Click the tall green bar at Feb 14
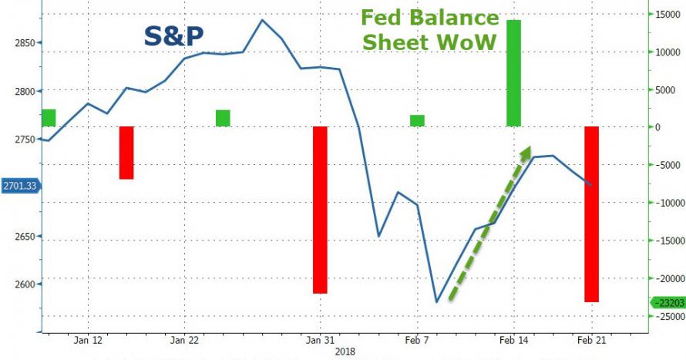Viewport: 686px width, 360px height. pyautogui.click(x=513, y=73)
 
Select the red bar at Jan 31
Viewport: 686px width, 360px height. pyautogui.click(x=320, y=210)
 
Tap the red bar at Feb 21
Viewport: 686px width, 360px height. pyautogui.click(x=591, y=214)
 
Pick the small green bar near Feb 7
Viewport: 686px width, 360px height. pyautogui.click(x=417, y=120)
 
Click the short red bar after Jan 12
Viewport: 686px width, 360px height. pyautogui.click(x=126, y=153)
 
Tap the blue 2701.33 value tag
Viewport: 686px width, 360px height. pyautogui.click(x=21, y=186)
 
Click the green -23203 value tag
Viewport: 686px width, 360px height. pyautogui.click(x=668, y=303)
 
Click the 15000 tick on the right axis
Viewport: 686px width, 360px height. pyautogui.click(x=668, y=15)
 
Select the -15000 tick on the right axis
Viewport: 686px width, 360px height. pyautogui.click(x=668, y=241)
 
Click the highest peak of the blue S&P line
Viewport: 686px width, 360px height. pyautogui.click(x=262, y=20)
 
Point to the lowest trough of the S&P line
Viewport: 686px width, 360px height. pyautogui.click(x=437, y=301)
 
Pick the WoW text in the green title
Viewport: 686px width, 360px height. pyautogui.click(x=466, y=42)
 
